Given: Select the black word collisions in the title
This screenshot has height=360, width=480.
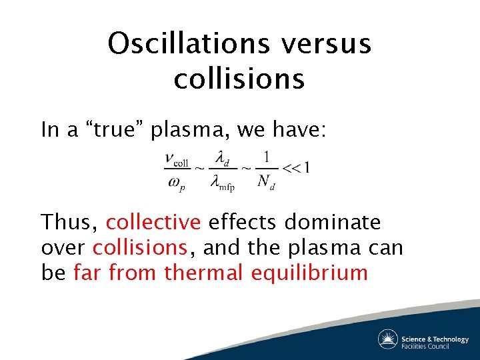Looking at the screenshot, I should click(x=239, y=79).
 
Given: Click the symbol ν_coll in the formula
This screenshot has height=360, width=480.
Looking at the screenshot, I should click(x=177, y=160).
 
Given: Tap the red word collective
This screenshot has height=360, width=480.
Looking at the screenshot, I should click(x=153, y=221).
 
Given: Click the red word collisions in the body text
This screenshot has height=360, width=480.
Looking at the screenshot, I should click(x=140, y=247).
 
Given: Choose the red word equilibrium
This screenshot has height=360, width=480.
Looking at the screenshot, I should click(x=309, y=273).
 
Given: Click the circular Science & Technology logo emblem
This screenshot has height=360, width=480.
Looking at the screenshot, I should click(x=388, y=339).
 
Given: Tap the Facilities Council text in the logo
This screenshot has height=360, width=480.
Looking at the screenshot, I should click(x=434, y=346).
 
